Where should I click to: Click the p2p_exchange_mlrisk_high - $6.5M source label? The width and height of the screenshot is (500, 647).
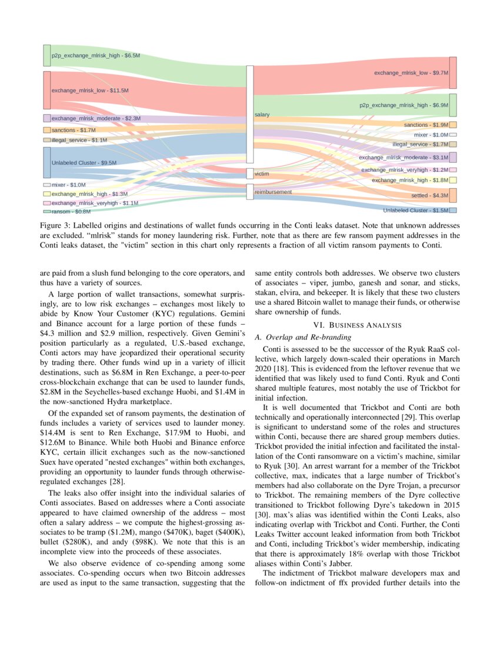(95, 55)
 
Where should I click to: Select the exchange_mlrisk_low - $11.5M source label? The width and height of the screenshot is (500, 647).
(89, 91)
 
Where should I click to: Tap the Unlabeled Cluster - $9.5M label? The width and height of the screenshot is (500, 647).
(84, 162)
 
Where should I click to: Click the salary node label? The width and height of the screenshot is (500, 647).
(262, 114)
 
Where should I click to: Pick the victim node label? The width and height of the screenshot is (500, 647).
(262, 174)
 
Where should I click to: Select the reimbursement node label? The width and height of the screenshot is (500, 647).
(272, 192)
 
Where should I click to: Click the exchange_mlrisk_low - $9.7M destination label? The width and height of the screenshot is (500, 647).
(411, 73)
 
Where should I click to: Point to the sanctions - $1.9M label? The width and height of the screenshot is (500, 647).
(426, 125)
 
